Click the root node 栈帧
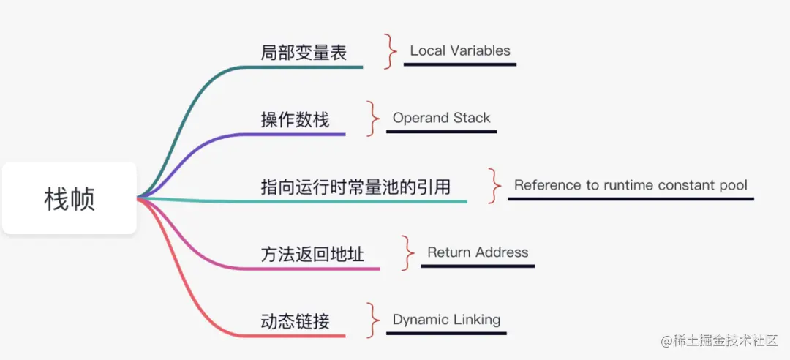click(69, 198)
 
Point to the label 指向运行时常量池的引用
click(355, 187)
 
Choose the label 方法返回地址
click(312, 255)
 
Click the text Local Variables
click(460, 51)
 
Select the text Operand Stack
click(441, 118)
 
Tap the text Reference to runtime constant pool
click(631, 185)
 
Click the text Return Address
click(478, 252)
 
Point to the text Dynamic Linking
click(446, 320)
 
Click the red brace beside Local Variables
click(389, 51)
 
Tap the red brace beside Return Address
click(407, 253)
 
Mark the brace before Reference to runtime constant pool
click(495, 186)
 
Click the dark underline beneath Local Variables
click(459, 64)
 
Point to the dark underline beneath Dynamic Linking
click(446, 333)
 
